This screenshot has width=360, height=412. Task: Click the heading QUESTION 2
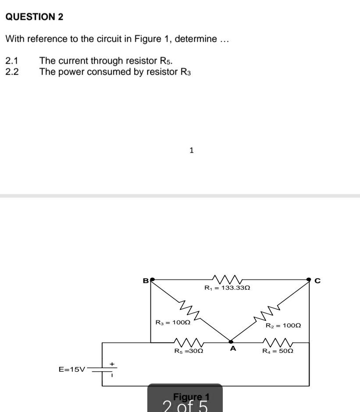pyautogui.click(x=34, y=17)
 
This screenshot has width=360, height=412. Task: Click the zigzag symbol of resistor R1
pyautogui.click(x=227, y=279)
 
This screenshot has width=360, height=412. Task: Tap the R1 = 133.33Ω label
pyautogui.click(x=227, y=288)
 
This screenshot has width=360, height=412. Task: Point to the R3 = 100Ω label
pyautogui.click(x=173, y=322)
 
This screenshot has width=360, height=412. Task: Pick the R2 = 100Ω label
pyautogui.click(x=283, y=326)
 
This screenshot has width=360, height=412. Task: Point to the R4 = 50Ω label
pyautogui.click(x=278, y=351)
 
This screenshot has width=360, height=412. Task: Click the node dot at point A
pyautogui.click(x=231, y=341)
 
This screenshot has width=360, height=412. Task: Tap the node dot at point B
pyautogui.click(x=152, y=279)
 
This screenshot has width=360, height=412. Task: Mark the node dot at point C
pyautogui.click(x=309, y=279)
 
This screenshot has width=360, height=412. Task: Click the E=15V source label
pyautogui.click(x=72, y=369)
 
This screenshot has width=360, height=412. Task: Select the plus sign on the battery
pyautogui.click(x=112, y=364)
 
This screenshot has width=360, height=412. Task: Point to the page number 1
pyautogui.click(x=191, y=150)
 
